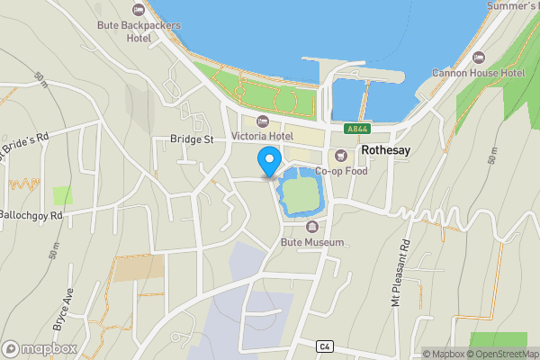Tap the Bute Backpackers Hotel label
coord(139,31)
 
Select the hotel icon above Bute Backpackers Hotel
coord(139,10)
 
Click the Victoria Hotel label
coord(263,136)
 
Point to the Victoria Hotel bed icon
coord(263,121)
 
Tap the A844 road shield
coord(356,129)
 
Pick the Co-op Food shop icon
coord(342,154)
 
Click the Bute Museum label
coord(313,243)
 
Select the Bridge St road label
coord(192,139)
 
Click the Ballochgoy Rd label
coord(31,216)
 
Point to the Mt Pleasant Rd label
coord(400,274)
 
